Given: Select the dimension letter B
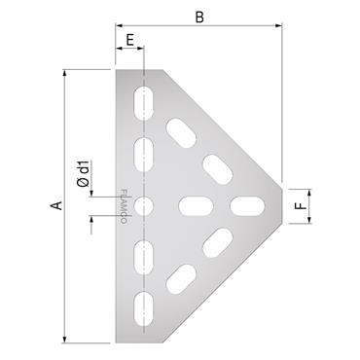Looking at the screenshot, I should (198, 17).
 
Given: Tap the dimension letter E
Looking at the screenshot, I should (129, 40).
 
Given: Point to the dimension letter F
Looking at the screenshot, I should (302, 205).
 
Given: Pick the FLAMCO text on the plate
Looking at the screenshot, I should (123, 205).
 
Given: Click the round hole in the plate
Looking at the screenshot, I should (145, 205).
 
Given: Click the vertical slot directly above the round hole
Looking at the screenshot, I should (145, 155).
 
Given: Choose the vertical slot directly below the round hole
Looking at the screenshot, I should (145, 256).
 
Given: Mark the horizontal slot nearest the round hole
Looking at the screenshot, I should (196, 205).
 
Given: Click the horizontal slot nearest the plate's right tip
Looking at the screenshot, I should (246, 205).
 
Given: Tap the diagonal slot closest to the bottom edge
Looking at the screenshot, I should (181, 280).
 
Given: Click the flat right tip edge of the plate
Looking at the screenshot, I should (283, 205).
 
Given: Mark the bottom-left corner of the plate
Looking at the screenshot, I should (116, 341).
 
